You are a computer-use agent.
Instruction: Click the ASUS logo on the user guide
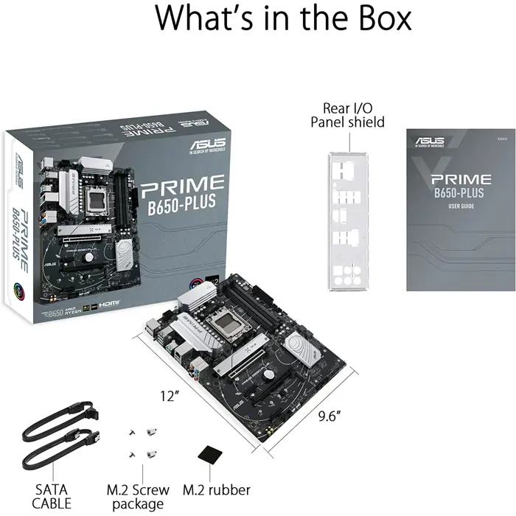click(430, 140)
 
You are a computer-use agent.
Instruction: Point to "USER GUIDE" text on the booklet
click(457, 206)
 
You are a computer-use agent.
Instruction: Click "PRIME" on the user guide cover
click(461, 179)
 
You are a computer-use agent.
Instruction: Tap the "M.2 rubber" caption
click(216, 490)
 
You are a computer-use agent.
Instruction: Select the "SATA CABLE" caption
click(53, 496)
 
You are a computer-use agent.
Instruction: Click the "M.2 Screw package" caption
click(138, 496)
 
